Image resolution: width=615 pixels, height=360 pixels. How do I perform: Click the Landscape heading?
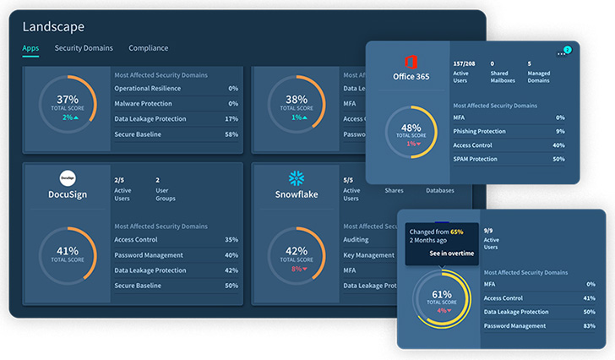[x=53, y=26]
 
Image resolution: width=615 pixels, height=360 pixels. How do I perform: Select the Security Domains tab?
[x=84, y=48]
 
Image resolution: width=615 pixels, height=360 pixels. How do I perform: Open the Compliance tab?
[x=148, y=48]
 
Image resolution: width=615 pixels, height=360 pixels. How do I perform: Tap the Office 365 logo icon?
[x=412, y=62]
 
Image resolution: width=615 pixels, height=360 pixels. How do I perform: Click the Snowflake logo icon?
[x=297, y=178]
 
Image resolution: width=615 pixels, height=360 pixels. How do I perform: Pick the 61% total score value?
[x=442, y=295]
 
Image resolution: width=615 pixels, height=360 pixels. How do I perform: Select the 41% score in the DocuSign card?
[x=68, y=251]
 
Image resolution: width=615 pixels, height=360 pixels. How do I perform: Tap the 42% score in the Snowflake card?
[x=296, y=251]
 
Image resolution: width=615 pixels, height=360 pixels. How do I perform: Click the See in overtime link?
[x=451, y=253]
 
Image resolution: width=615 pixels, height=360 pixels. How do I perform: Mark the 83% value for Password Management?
[x=590, y=325]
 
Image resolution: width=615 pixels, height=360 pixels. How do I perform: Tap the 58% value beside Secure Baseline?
[x=232, y=134]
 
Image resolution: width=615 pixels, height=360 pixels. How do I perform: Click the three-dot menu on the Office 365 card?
[x=561, y=53]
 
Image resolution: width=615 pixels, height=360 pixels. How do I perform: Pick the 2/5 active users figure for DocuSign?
[x=119, y=179]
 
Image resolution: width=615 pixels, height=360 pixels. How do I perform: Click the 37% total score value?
[x=68, y=99]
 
